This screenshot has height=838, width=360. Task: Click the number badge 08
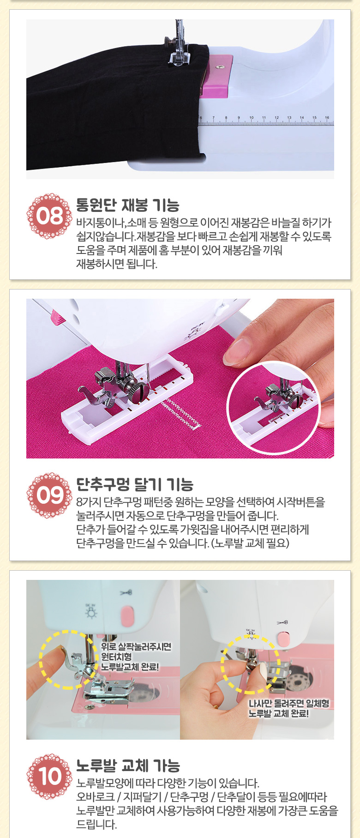coord(49,216)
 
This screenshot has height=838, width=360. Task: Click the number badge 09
coord(49,495)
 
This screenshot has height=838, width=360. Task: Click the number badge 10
coord(49,777)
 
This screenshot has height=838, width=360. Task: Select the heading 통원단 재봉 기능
coord(127,205)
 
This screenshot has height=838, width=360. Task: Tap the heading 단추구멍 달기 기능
coord(134,485)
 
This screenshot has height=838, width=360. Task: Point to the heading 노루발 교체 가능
coord(128,766)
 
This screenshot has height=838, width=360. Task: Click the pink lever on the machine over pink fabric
coord(57,318)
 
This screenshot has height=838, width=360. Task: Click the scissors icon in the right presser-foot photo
coord(282,622)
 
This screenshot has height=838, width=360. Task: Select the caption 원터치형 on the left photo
coord(116,657)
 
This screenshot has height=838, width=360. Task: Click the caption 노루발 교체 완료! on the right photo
coord(278,713)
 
